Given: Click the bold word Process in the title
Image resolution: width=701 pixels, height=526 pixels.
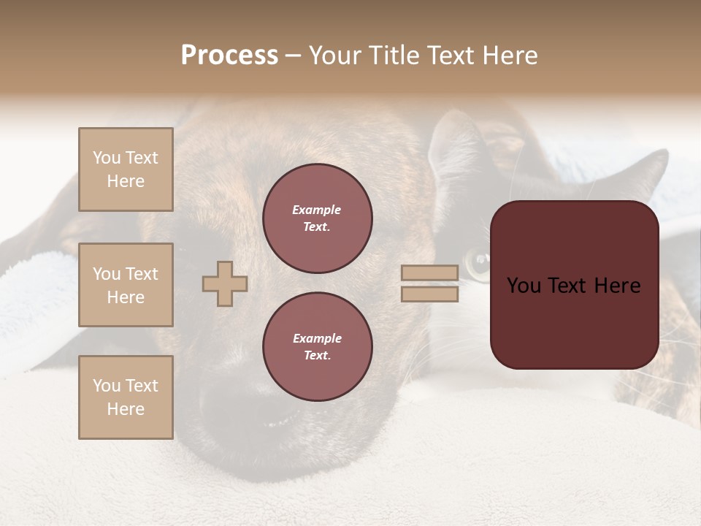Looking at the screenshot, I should click(x=229, y=56).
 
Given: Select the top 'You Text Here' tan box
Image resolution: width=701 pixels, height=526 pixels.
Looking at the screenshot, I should click(x=126, y=169).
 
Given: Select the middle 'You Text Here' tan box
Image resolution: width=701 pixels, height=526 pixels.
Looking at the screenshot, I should click(x=126, y=285).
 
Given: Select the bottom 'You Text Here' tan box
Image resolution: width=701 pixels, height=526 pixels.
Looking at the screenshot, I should click(x=126, y=397).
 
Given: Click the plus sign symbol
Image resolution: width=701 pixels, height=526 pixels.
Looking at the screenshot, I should click(x=225, y=283).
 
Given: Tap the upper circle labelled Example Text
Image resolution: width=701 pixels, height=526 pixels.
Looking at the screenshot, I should click(x=317, y=218).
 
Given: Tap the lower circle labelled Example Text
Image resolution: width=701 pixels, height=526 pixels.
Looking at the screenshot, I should click(x=317, y=346).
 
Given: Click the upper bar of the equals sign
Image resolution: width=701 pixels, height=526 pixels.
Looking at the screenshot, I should click(x=430, y=272).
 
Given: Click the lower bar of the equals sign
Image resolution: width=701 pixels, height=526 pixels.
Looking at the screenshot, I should click(x=430, y=294).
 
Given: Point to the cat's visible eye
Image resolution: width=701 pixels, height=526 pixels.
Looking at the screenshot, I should click(x=479, y=258).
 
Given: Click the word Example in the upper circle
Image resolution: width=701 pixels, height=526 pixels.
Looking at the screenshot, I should click(x=317, y=210).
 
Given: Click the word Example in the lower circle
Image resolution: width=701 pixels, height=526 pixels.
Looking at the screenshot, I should click(x=317, y=338).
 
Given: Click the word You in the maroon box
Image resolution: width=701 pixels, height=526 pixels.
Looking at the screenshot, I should click(x=524, y=286).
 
